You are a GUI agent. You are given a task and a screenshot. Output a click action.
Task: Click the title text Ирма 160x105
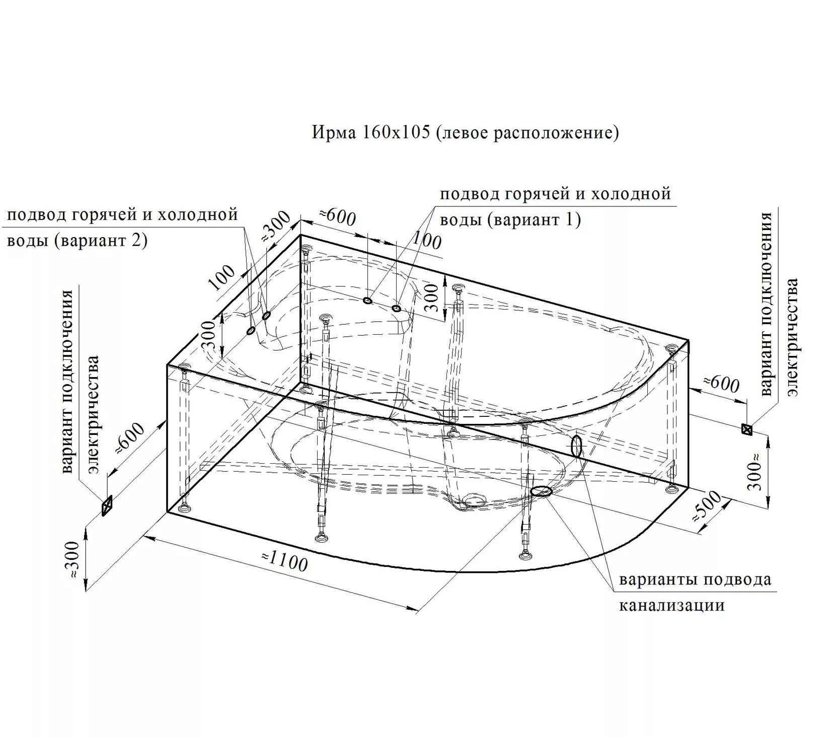[x=371, y=132]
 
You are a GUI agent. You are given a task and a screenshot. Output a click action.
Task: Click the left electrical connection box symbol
[x=107, y=505]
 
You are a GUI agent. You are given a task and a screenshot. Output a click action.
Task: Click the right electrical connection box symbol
[x=747, y=429]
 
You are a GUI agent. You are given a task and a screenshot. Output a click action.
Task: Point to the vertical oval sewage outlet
[x=577, y=447]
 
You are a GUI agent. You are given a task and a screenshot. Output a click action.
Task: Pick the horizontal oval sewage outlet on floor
[x=542, y=491]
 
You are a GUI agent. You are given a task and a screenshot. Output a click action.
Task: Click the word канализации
[x=671, y=605]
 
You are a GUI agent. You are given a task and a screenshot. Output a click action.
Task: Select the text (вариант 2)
[x=101, y=241]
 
